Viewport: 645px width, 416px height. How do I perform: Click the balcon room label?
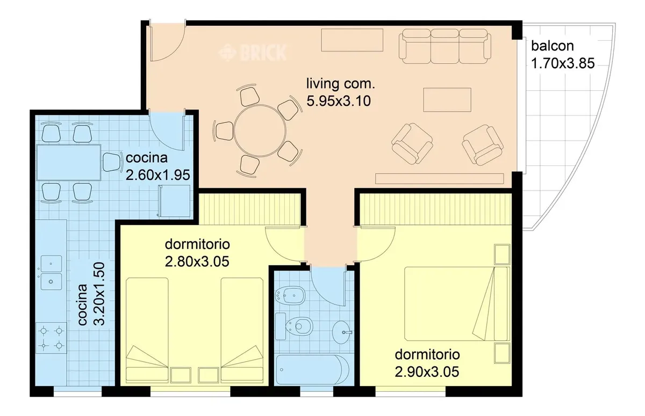(553, 46)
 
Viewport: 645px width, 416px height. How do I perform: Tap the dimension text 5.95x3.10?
(339, 101)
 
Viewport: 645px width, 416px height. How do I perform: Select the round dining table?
(260, 130)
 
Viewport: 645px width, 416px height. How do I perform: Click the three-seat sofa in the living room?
(445, 46)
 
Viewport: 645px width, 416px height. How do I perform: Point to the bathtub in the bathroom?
(313, 370)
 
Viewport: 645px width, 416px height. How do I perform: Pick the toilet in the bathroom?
(294, 326)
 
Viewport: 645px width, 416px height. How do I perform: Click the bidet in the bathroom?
(290, 295)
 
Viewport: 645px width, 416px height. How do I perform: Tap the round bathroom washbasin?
(342, 332)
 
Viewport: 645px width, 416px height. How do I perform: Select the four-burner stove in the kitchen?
(51, 338)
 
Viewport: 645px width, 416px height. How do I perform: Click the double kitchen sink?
(51, 273)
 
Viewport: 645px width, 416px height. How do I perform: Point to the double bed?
(456, 304)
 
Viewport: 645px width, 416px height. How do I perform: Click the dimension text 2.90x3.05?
(427, 372)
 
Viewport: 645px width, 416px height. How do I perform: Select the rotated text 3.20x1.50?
(99, 294)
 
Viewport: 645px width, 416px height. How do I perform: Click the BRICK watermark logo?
(253, 53)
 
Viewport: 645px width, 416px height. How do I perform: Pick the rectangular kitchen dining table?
(69, 163)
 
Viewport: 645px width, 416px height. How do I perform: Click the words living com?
(341, 83)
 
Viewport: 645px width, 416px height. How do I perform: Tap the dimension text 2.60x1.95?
(158, 175)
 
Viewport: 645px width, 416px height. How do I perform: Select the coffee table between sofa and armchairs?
(447, 100)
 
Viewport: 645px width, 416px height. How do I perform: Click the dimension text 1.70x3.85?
(563, 63)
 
